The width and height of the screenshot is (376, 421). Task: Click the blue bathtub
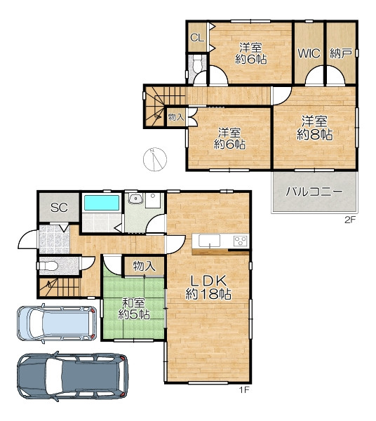click(x=102, y=203)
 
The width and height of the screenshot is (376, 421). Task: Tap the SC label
click(x=60, y=208)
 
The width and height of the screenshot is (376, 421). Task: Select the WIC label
click(x=309, y=53)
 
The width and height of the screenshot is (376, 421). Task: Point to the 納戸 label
click(x=340, y=53)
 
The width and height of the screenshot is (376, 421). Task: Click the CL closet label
click(x=197, y=38)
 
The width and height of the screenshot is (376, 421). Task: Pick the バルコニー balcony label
click(x=314, y=192)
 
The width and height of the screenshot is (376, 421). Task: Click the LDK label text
click(x=208, y=281)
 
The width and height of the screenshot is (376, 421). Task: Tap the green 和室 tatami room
click(x=134, y=308)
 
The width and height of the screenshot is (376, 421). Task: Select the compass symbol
click(x=155, y=159)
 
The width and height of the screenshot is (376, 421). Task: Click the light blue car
click(x=57, y=323)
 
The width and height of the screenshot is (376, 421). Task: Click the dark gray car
click(x=72, y=376)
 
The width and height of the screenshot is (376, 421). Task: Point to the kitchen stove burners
click(x=240, y=241)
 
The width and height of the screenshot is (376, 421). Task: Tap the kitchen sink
click(x=209, y=241)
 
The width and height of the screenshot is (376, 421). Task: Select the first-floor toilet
click(x=48, y=266)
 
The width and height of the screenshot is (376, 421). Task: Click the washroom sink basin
click(x=135, y=199)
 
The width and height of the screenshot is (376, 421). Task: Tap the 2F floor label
click(x=350, y=220)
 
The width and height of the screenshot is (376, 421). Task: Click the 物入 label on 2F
click(x=176, y=117)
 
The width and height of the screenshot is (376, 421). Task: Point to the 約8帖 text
click(x=314, y=134)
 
